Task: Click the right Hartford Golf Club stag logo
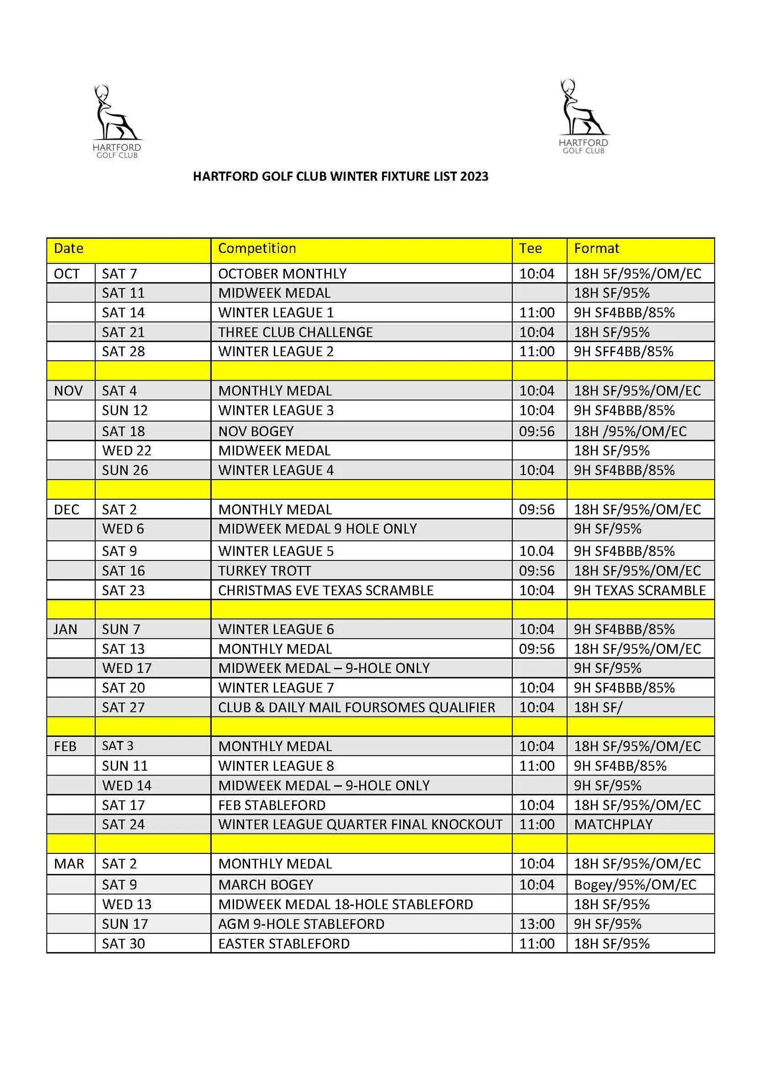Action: click(583, 116)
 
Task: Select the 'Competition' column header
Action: click(257, 248)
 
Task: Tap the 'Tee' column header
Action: click(530, 248)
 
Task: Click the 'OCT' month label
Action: click(67, 273)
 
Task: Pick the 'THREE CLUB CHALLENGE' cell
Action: click(295, 332)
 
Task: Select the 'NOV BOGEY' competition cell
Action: click(256, 431)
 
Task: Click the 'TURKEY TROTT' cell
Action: click(264, 571)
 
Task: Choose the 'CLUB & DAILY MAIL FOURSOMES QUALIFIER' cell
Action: click(357, 707)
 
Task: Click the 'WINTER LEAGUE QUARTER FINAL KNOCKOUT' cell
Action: click(360, 824)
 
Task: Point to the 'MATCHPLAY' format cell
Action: click(613, 824)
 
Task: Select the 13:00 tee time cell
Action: click(537, 924)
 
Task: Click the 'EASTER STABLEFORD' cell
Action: click(284, 944)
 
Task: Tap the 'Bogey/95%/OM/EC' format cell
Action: click(635, 885)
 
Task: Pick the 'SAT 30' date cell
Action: click(123, 944)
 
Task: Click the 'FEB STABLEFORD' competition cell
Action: click(272, 805)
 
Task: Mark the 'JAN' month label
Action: click(65, 629)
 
